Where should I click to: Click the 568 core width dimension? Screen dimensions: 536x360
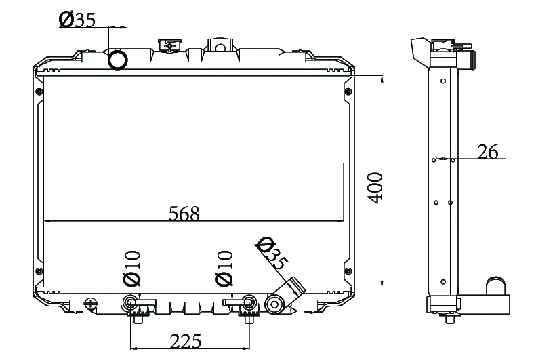coord(184,214)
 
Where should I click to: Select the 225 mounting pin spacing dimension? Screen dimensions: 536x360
coord(186,341)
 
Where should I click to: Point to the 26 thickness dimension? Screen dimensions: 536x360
coord(488,151)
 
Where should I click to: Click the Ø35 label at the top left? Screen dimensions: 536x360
coord(77,20)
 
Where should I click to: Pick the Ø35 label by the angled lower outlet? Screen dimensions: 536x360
coord(272,253)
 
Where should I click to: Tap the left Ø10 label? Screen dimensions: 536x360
coord(132,268)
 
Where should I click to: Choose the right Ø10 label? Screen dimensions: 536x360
coord(224,268)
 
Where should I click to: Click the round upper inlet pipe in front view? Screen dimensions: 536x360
coord(118,60)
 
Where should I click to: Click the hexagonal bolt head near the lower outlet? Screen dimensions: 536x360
coord(274,304)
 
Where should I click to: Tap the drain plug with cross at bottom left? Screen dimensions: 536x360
coord(91,303)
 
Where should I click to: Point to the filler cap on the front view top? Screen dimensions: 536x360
coord(169,45)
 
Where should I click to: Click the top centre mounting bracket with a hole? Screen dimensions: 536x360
coord(220,45)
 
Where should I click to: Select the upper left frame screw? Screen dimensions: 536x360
coord(39,92)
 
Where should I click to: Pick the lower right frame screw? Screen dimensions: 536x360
coord(348,271)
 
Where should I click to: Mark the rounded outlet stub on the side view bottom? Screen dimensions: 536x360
coord(496,285)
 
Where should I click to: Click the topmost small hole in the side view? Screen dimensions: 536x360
coord(443,81)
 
